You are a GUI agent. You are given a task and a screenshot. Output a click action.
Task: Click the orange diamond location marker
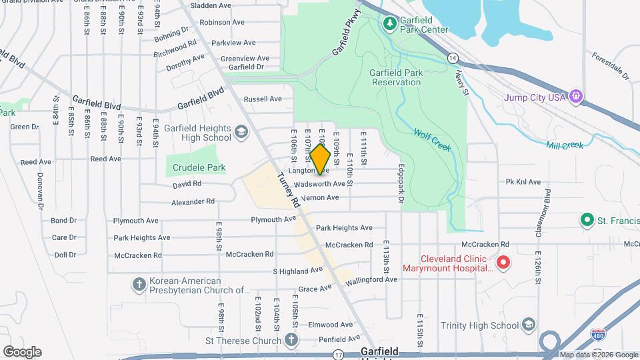pos(321,160)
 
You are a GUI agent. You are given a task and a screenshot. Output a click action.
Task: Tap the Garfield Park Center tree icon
pos(390,24)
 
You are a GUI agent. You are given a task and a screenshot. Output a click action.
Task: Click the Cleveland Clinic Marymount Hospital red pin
pos(504,263)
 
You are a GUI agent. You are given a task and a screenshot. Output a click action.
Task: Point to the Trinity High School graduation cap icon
pos(529,325)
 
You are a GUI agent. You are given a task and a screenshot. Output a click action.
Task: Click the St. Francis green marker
pos(587,219)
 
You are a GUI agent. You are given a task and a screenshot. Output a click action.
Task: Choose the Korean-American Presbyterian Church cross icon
pos(139,284)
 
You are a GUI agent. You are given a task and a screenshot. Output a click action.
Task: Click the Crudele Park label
pos(199,168)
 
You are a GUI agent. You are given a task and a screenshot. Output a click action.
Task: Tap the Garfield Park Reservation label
pos(396,77)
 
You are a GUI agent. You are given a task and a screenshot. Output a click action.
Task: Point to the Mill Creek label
pos(565,145)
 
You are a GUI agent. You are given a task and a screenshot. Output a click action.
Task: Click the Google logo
pos(22,352)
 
